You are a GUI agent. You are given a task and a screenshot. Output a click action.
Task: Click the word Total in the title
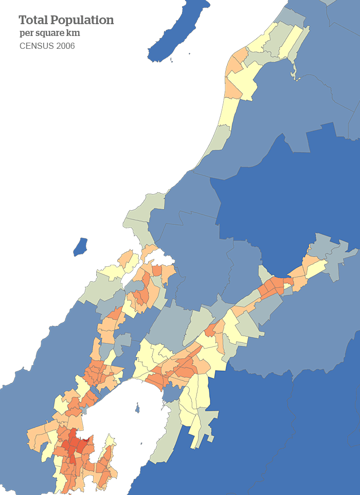click(32, 20)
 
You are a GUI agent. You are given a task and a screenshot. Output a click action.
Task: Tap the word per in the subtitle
click(26, 33)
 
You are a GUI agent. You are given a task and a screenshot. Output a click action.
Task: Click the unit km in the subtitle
click(73, 33)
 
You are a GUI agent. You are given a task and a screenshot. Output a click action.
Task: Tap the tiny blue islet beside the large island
click(189, 53)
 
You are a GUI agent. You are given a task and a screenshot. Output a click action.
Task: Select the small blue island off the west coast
click(80, 246)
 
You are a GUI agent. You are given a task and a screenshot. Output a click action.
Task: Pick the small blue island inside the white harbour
click(137, 409)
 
